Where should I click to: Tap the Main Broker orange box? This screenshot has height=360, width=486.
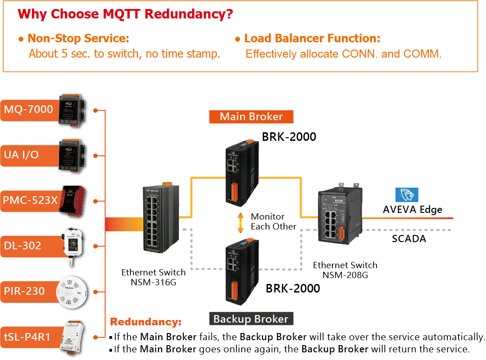251,117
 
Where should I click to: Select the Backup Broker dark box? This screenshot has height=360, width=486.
251,319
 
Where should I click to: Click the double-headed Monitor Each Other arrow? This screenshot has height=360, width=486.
241,222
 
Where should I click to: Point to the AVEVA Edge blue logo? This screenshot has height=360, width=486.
407,195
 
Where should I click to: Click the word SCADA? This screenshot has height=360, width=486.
409,238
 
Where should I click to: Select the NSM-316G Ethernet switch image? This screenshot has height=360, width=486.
160,220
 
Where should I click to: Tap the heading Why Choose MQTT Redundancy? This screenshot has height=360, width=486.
125,14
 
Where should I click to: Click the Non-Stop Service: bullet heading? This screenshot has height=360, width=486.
78,39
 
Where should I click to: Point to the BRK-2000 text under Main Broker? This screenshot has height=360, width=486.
289,136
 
